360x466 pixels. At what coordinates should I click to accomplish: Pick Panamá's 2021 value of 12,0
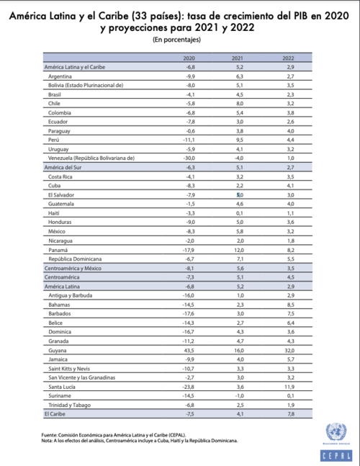[x=238, y=248]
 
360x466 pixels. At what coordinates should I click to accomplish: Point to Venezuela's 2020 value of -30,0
[x=190, y=158]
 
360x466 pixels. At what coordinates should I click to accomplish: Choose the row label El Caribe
[x=56, y=415]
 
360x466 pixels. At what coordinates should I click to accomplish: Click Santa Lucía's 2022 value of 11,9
[x=289, y=388]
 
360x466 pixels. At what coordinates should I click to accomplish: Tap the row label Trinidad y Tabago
[x=71, y=406]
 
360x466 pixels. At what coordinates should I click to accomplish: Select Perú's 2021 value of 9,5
[x=238, y=140]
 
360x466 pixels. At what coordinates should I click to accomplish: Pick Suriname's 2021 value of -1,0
[x=238, y=397]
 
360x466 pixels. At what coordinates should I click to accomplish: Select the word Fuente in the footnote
[x=49, y=435]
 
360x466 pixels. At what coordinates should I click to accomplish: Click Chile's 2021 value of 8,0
[x=238, y=103]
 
